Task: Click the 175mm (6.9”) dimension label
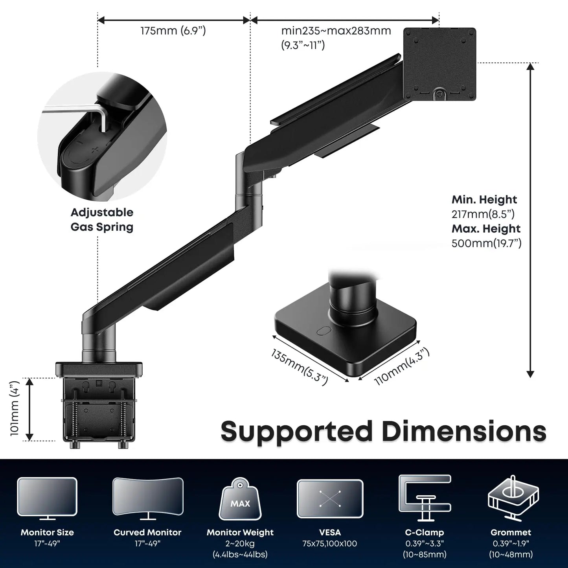[x=173, y=31]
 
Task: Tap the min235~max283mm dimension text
[x=336, y=31]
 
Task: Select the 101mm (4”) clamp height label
[x=15, y=408]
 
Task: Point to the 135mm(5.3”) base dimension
[x=299, y=367]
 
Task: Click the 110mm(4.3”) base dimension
[x=401, y=366]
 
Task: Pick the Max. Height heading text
[x=486, y=228]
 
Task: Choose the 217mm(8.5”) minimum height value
[x=483, y=214]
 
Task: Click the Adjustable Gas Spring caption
[x=102, y=220]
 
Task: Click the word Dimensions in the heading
[x=464, y=431]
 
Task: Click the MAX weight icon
[x=240, y=499]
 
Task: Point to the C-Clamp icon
[x=425, y=497]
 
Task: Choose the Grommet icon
[x=513, y=497]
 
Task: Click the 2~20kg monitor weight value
[x=240, y=544]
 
